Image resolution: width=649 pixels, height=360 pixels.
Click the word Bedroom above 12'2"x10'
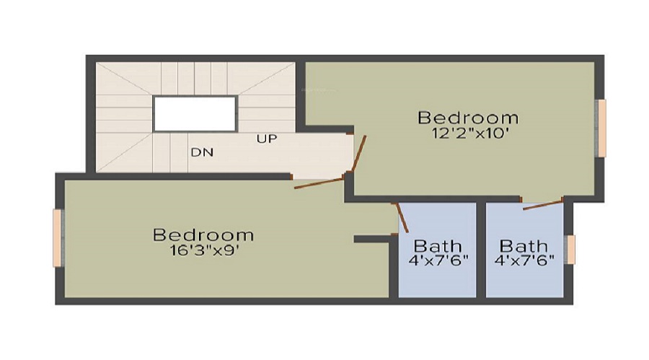pyautogui.click(x=468, y=118)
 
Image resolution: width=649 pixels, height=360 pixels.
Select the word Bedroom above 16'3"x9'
pyautogui.click(x=203, y=235)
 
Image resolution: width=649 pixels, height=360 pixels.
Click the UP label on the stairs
pyautogui.click(x=267, y=139)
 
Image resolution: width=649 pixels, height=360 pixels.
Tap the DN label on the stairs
pyautogui.click(x=201, y=152)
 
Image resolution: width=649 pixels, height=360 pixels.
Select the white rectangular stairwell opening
pyautogui.click(x=195, y=114)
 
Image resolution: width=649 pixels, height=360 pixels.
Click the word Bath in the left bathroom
pyautogui.click(x=438, y=246)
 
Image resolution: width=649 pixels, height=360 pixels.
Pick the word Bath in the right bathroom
pyautogui.click(x=524, y=246)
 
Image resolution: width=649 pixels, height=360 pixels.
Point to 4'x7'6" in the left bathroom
pyautogui.click(x=438, y=260)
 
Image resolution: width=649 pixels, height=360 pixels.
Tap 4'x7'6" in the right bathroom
pyautogui.click(x=524, y=260)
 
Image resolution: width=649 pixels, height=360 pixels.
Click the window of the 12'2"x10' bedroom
pyautogui.click(x=601, y=127)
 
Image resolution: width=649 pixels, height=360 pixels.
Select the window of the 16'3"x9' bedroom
pyautogui.click(x=57, y=237)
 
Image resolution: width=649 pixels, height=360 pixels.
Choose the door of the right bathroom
pyautogui.click(x=542, y=205)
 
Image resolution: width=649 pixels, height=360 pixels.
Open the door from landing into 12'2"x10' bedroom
pyautogui.click(x=358, y=154)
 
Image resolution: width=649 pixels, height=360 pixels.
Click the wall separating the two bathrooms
pyautogui.click(x=481, y=249)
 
